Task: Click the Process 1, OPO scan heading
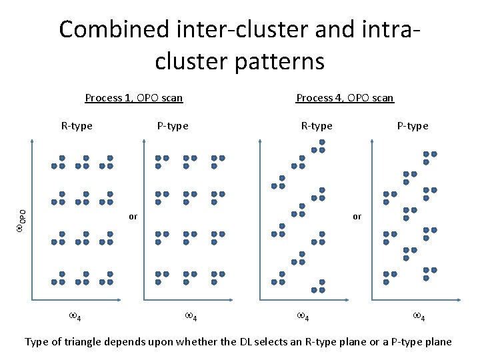134,98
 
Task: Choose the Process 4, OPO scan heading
345,98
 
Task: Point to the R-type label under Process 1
77,125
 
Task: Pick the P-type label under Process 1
173,125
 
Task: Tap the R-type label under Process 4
317,125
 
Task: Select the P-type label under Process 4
413,125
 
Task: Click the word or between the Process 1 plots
133,216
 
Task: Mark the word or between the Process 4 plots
357,216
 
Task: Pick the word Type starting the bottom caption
37,342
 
